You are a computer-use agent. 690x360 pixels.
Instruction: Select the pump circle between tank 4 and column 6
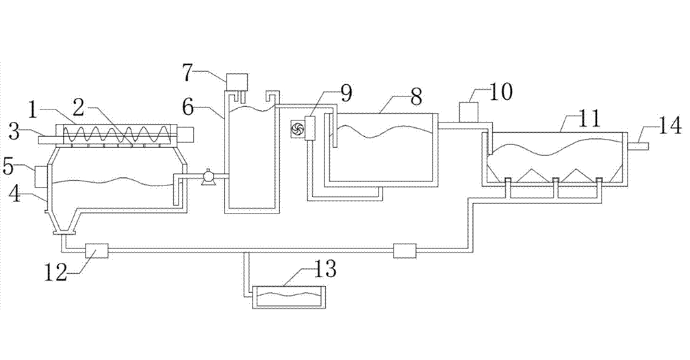pos(207,178)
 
